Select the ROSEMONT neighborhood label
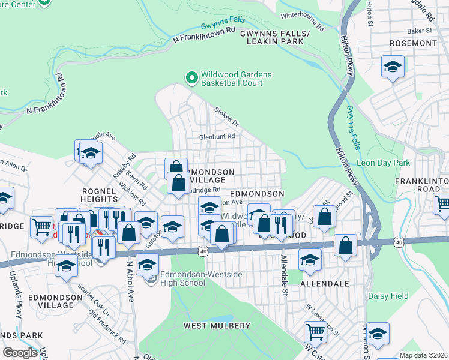pyautogui.click(x=412, y=43)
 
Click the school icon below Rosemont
pyautogui.click(x=393, y=67)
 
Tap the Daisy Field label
pyautogui.click(x=388, y=296)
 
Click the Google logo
pyautogui.click(x=20, y=352)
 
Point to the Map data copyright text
pyautogui.click(x=423, y=355)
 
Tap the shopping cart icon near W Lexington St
pyautogui.click(x=315, y=332)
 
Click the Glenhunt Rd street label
pyautogui.click(x=217, y=137)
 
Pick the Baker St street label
pyautogui.click(x=420, y=30)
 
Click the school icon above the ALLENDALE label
pyautogui.click(x=310, y=260)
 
